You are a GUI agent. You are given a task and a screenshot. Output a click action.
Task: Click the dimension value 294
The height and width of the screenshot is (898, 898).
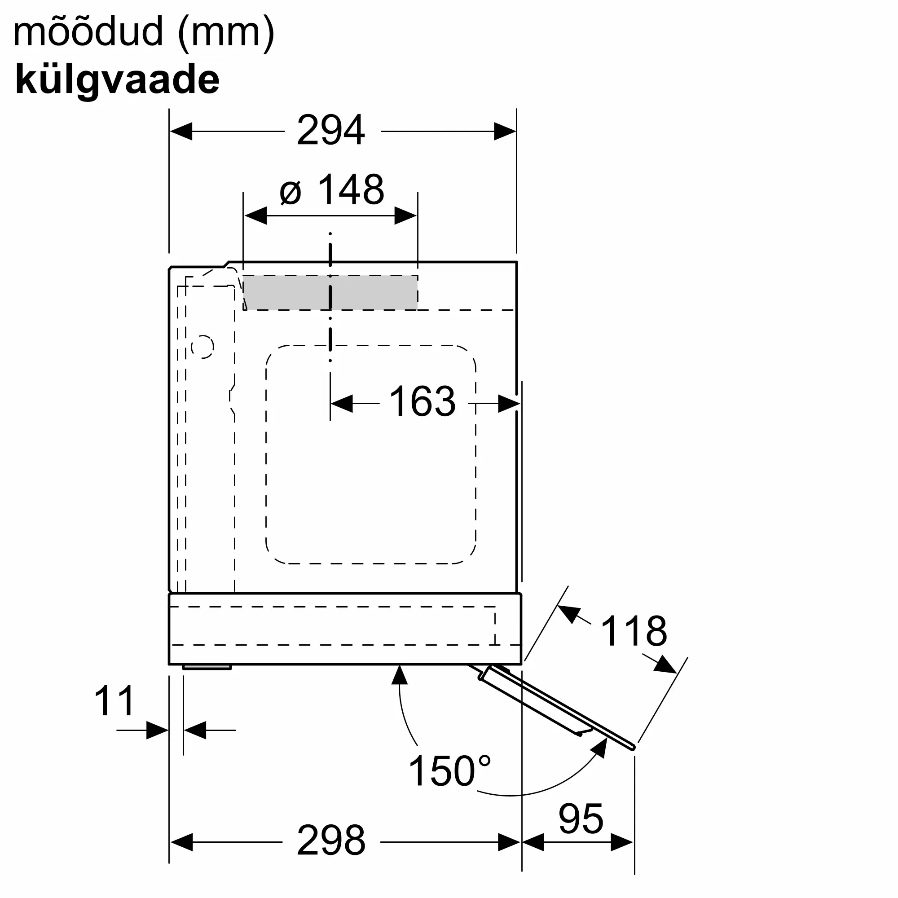click(331, 131)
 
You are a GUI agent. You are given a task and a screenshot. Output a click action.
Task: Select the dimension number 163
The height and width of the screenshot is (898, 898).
click(422, 401)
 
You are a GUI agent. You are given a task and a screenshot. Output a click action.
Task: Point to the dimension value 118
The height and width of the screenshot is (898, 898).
click(634, 631)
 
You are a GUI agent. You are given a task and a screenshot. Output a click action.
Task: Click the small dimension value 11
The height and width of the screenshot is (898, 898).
click(114, 701)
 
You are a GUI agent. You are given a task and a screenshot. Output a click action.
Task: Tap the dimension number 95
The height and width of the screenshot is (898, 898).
click(581, 819)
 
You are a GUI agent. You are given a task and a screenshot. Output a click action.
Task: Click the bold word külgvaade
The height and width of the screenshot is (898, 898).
click(117, 80)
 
